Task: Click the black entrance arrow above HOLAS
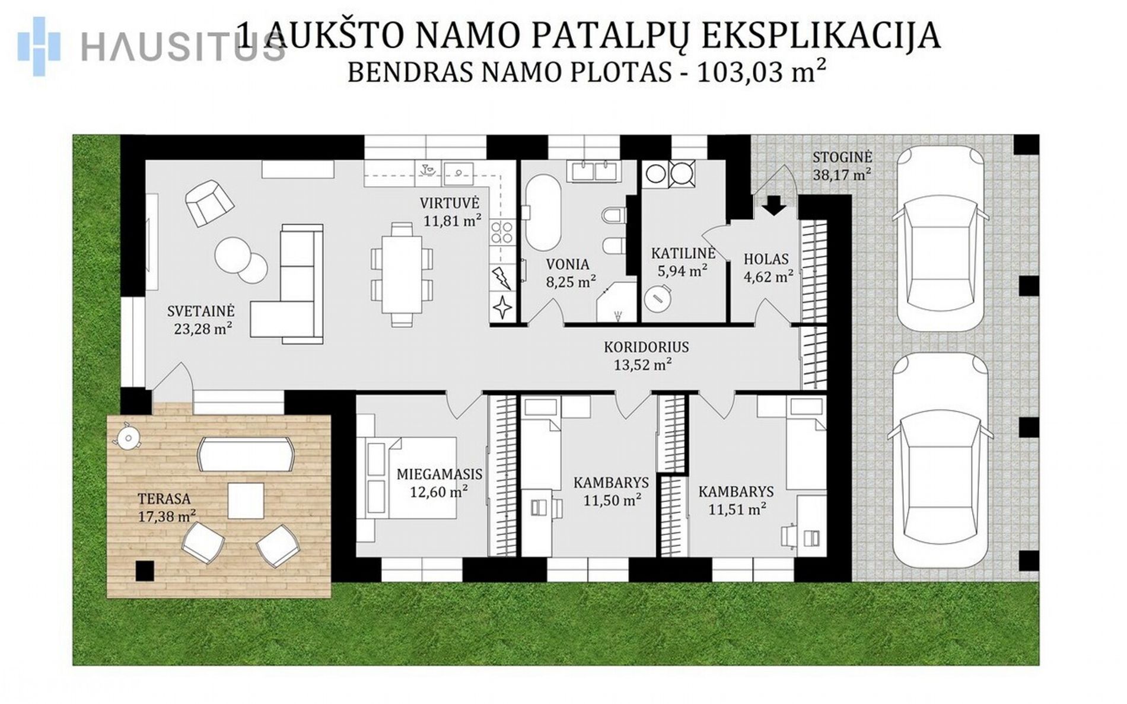774,206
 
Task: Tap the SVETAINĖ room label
201,311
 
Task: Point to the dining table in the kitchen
402,274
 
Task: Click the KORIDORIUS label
647,347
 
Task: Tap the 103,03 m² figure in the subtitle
762,72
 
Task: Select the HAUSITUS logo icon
39,46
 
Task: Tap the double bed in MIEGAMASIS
406,478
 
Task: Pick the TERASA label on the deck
164,499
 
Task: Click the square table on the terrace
246,501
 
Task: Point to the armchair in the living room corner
209,202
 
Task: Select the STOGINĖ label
842,157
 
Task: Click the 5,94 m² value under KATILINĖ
682,271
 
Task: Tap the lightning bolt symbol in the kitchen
502,278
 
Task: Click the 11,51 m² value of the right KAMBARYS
737,509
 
